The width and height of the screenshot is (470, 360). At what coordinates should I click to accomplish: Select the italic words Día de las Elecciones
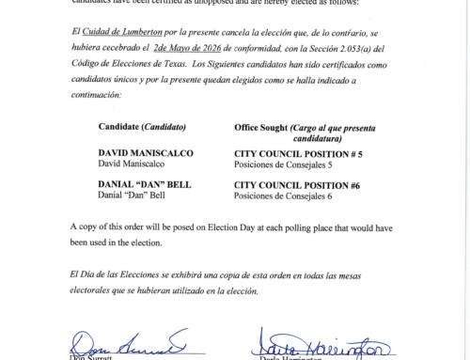[x=123, y=273]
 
